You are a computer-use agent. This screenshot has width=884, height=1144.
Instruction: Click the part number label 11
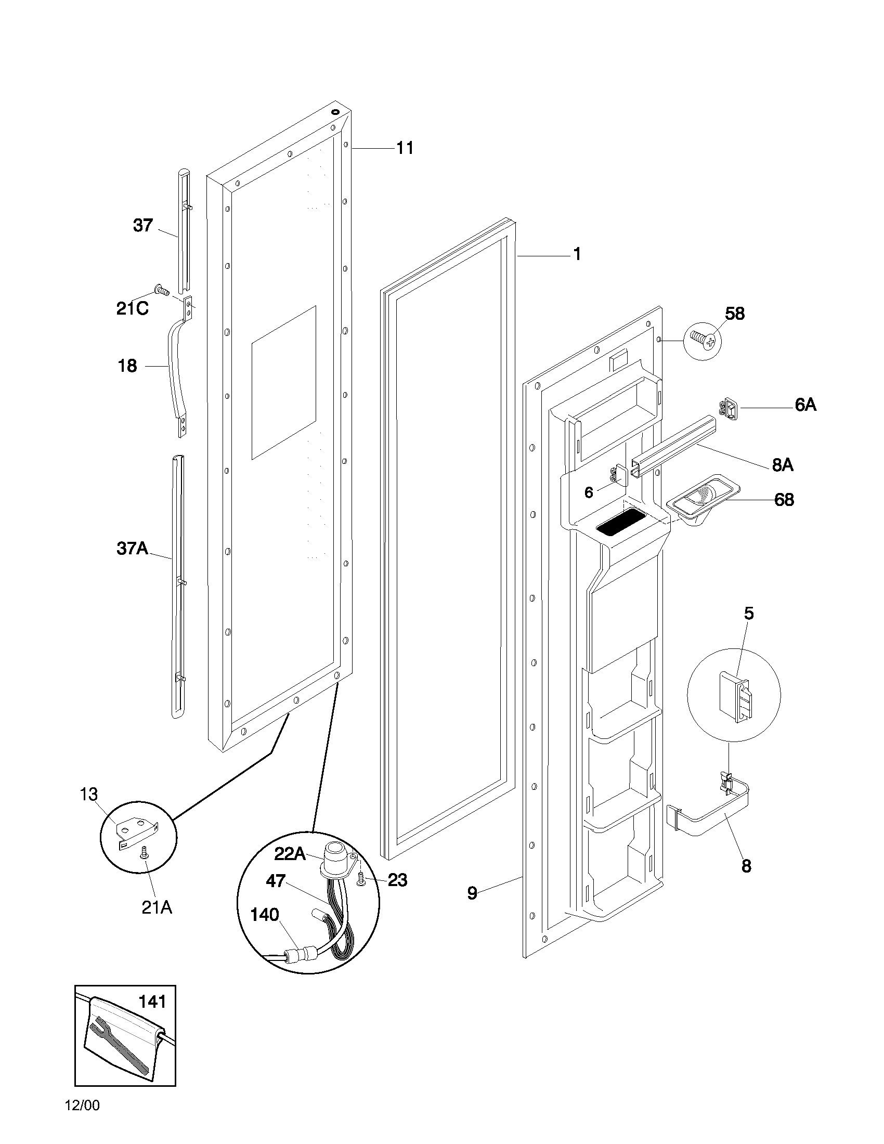point(405,148)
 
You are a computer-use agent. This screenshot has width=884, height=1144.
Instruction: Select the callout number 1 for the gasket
point(577,255)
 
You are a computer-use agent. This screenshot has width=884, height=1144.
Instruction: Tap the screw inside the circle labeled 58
point(703,341)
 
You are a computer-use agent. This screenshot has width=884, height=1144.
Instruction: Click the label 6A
point(805,405)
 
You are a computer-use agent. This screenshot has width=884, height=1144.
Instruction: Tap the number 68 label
point(784,500)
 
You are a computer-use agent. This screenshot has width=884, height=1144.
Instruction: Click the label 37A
point(133,549)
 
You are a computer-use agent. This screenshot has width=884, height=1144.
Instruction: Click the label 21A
point(157,907)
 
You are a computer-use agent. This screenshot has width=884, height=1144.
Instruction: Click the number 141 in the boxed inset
point(152,1002)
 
